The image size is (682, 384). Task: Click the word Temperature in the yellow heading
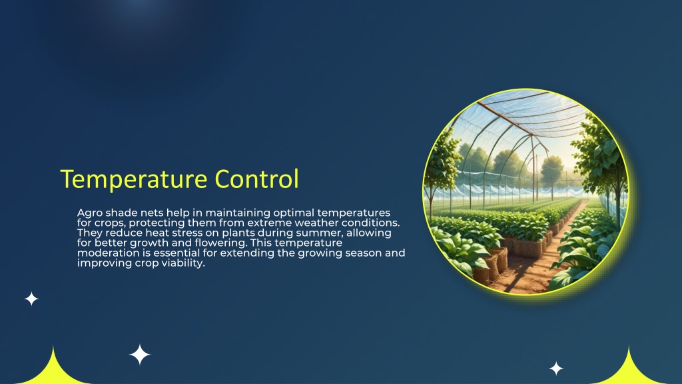133,179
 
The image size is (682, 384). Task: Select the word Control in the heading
257,179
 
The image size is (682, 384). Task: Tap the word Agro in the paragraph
90,213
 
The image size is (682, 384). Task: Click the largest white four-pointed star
140,355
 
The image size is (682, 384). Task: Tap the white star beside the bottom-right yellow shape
556,368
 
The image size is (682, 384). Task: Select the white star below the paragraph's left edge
31,299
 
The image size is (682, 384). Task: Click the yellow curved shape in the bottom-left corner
53,371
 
